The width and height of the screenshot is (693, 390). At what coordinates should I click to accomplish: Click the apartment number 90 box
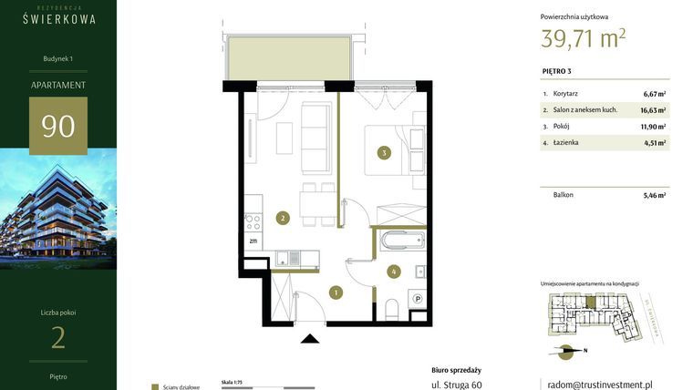pyautogui.click(x=58, y=126)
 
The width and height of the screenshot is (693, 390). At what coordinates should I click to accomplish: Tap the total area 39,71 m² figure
pyautogui.click(x=584, y=38)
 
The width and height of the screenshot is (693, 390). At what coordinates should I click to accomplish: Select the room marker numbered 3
pyautogui.click(x=386, y=153)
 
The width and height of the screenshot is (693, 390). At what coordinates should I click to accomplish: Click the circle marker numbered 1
pyautogui.click(x=336, y=292)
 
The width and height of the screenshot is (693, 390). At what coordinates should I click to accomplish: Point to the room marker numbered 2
pyautogui.click(x=284, y=219)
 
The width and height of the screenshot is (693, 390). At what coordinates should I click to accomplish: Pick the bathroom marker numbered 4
pyautogui.click(x=393, y=271)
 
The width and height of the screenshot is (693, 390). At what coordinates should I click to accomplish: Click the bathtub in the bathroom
pyautogui.click(x=401, y=241)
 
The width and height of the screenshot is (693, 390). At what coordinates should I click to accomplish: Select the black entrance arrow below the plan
pyautogui.click(x=310, y=339)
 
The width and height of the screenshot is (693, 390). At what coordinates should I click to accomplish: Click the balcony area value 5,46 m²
pyautogui.click(x=654, y=195)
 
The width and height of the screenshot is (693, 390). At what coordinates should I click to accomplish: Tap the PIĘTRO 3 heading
pyautogui.click(x=556, y=71)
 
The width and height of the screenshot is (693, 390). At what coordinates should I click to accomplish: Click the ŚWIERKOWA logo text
pyautogui.click(x=58, y=18)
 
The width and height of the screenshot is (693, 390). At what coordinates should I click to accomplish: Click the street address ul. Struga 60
pyautogui.click(x=457, y=385)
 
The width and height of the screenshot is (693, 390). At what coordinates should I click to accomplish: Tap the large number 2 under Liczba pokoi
pyautogui.click(x=58, y=338)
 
